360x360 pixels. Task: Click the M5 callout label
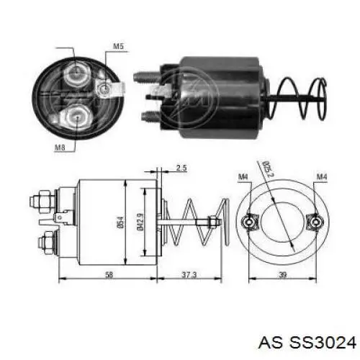pos(118,46)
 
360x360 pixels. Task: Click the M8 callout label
pos(60,147)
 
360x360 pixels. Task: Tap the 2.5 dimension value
pos(181,168)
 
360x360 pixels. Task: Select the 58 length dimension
pos(109,274)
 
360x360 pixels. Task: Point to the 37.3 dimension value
pos(189,274)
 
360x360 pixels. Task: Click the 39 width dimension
pos(283,274)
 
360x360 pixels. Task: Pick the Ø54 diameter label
pos(121,222)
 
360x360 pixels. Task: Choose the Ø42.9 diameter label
pos(140,222)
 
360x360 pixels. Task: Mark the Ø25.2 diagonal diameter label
pos(268,168)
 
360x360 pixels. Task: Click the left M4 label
pos(243,177)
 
